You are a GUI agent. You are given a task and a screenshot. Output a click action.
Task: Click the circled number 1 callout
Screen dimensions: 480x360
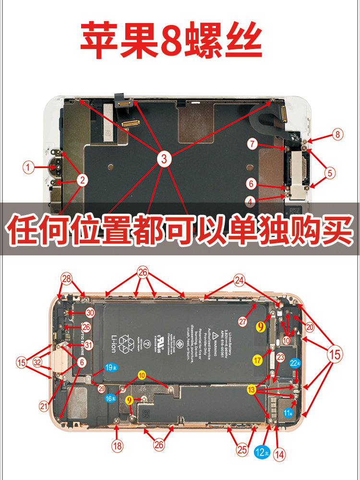pos(29,168)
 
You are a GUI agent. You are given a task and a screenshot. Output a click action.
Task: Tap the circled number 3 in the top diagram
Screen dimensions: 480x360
pos(164,159)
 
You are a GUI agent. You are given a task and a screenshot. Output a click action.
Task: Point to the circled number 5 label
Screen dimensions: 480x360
pos(330,173)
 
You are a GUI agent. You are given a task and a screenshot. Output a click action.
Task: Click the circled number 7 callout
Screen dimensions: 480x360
pos(253,144)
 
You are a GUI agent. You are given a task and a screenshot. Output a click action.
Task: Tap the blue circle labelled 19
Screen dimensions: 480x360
pos(110,368)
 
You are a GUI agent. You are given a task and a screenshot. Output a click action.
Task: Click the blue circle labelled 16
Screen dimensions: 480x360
pos(111,398)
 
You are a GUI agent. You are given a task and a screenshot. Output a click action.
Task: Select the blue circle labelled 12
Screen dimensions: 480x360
pos(262,452)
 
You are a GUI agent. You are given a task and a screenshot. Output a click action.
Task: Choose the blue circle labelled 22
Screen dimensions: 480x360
pos(295,363)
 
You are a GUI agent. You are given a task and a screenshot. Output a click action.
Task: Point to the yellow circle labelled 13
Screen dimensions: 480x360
pos(252,390)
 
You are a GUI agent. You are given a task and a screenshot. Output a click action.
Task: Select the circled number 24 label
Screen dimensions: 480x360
pos(239,280)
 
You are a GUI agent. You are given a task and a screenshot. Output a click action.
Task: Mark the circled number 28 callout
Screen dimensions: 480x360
pos(66,278)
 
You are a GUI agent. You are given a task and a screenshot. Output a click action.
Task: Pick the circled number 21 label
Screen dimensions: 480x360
pos(44,406)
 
